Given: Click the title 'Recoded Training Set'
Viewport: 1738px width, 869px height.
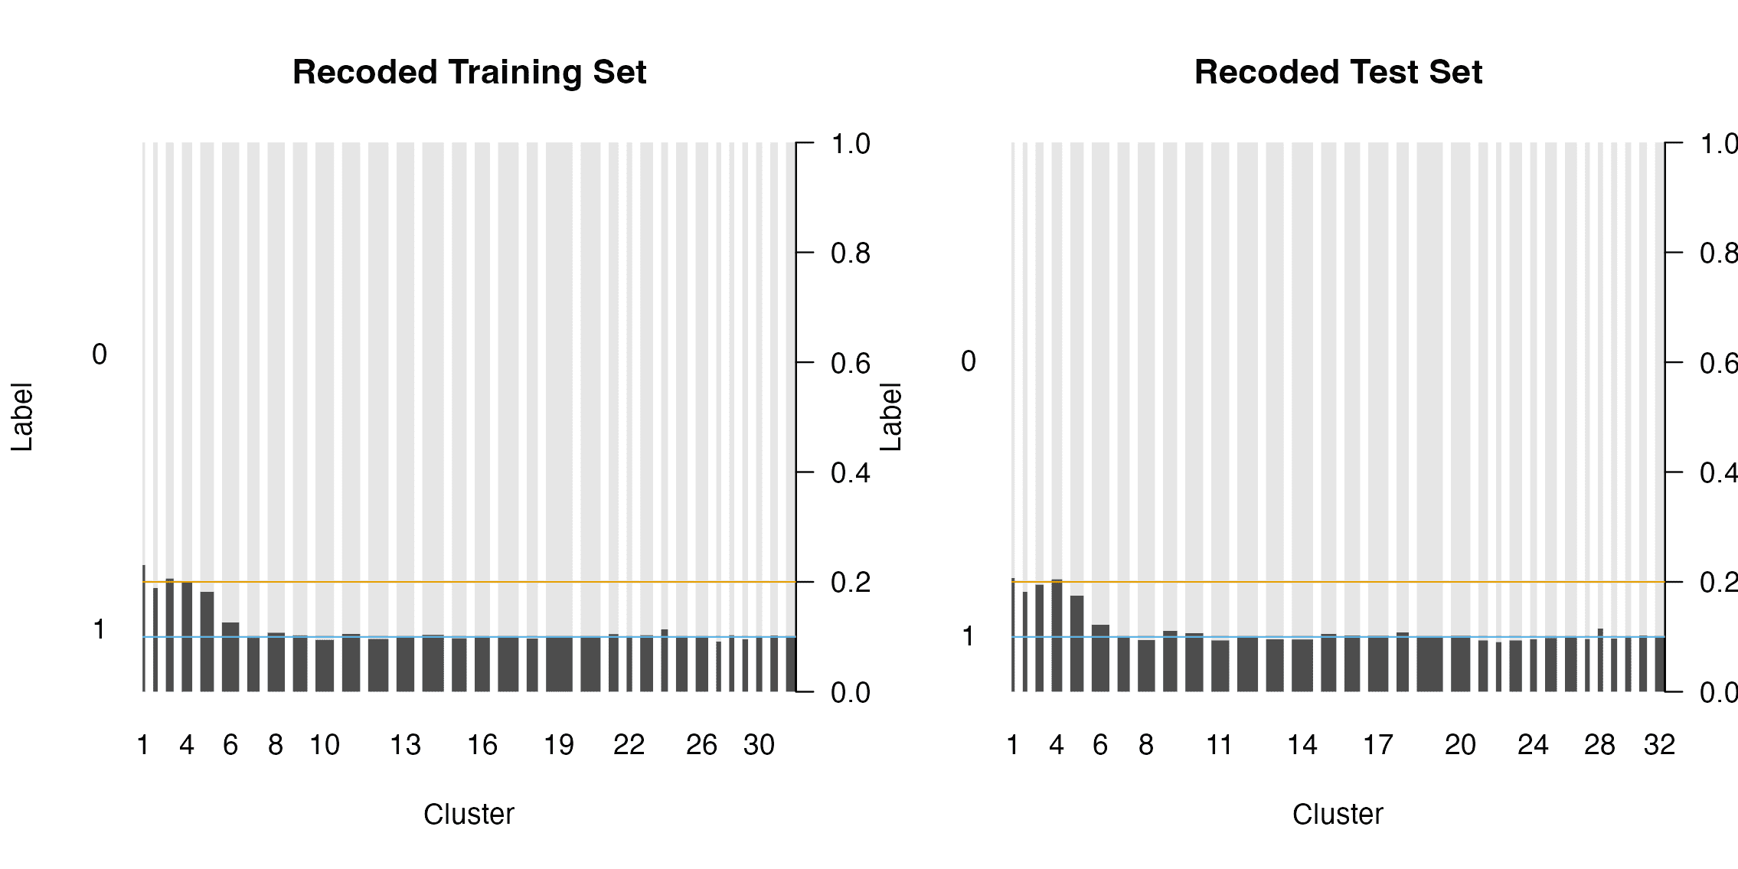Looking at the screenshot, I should (469, 73).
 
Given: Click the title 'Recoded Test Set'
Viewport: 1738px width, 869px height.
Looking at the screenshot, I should (1338, 73).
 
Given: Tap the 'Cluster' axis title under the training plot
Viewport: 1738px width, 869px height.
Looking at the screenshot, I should (469, 814).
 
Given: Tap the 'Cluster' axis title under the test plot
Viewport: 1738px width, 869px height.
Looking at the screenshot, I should (1338, 814).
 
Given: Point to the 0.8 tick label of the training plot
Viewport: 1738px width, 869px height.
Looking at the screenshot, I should (850, 253).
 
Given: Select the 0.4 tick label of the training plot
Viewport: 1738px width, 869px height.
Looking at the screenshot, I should (850, 473).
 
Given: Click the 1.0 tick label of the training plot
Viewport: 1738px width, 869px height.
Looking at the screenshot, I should (850, 144).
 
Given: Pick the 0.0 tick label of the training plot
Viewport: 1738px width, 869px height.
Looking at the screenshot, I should (850, 693).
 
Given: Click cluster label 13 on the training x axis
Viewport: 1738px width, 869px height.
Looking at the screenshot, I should (405, 745).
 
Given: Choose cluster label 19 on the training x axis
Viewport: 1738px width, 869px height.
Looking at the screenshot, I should (558, 745).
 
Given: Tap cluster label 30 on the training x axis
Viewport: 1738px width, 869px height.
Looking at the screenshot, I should (759, 745).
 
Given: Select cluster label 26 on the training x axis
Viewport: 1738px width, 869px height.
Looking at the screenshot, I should (701, 745).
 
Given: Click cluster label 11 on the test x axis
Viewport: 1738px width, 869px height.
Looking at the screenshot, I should (1219, 745).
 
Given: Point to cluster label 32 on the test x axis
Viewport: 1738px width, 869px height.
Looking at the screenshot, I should (1659, 745).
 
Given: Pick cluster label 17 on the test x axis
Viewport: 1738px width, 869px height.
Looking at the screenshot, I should (1377, 745).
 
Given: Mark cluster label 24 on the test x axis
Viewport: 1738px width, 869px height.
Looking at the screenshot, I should (1533, 745).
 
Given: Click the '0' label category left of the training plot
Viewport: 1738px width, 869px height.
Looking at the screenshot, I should (100, 354).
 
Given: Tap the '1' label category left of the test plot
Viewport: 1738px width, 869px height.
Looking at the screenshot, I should (969, 636).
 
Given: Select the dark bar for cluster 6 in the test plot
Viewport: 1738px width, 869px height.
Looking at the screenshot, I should (1100, 658).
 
